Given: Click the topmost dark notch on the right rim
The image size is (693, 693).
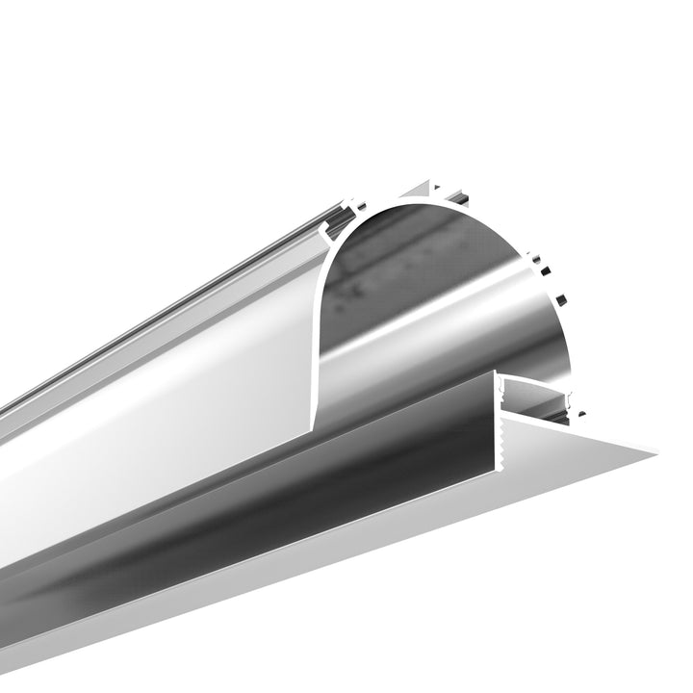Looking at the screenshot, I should tap(536, 258).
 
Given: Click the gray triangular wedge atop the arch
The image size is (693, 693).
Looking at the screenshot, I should tap(424, 189).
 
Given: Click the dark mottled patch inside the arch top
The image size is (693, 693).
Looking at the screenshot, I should tap(404, 250).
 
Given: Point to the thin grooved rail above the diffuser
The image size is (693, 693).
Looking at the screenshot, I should tap(192, 298).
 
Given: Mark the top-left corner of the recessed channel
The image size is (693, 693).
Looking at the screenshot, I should tap(501, 377).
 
